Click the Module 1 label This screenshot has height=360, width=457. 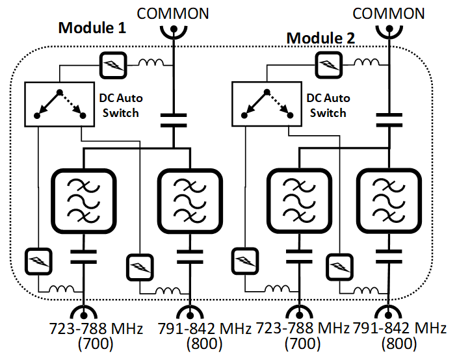tap(92, 28)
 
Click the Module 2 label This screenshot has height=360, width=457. tap(320, 38)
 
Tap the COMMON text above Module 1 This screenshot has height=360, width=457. tap(175, 13)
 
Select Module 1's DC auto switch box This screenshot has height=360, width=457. tap(58, 103)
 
